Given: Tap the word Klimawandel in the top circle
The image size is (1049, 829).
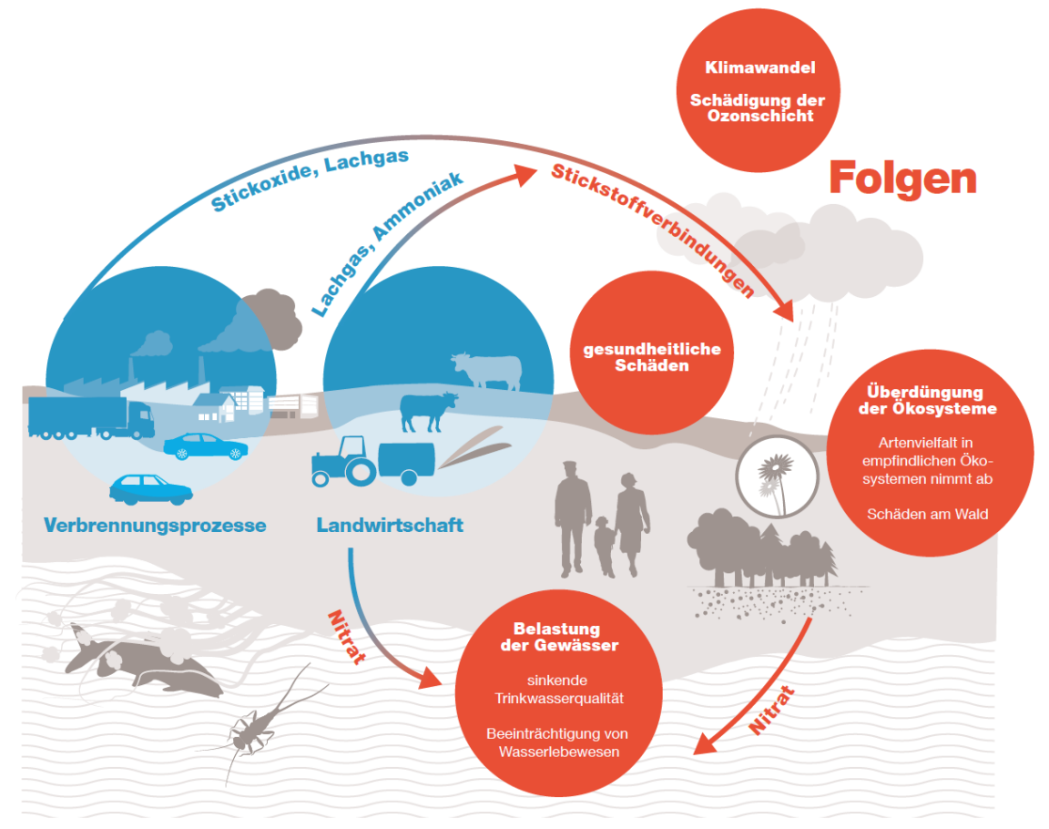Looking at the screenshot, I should point(759,67).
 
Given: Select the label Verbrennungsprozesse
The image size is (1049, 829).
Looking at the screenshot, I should point(155,526).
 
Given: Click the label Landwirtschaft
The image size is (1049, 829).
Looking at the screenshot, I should point(390,526).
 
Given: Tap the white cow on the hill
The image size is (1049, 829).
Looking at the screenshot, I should point(486,370).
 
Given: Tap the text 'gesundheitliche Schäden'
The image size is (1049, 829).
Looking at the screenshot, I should point(651,357).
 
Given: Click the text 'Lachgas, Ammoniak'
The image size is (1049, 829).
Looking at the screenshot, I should point(386,241).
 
